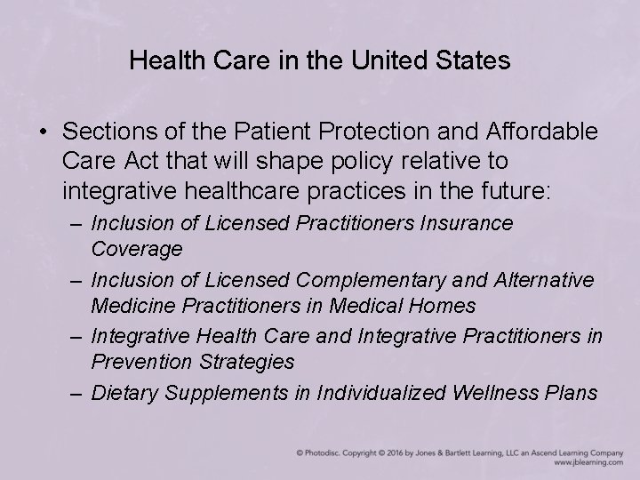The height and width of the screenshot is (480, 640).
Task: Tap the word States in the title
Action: (478, 61)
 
